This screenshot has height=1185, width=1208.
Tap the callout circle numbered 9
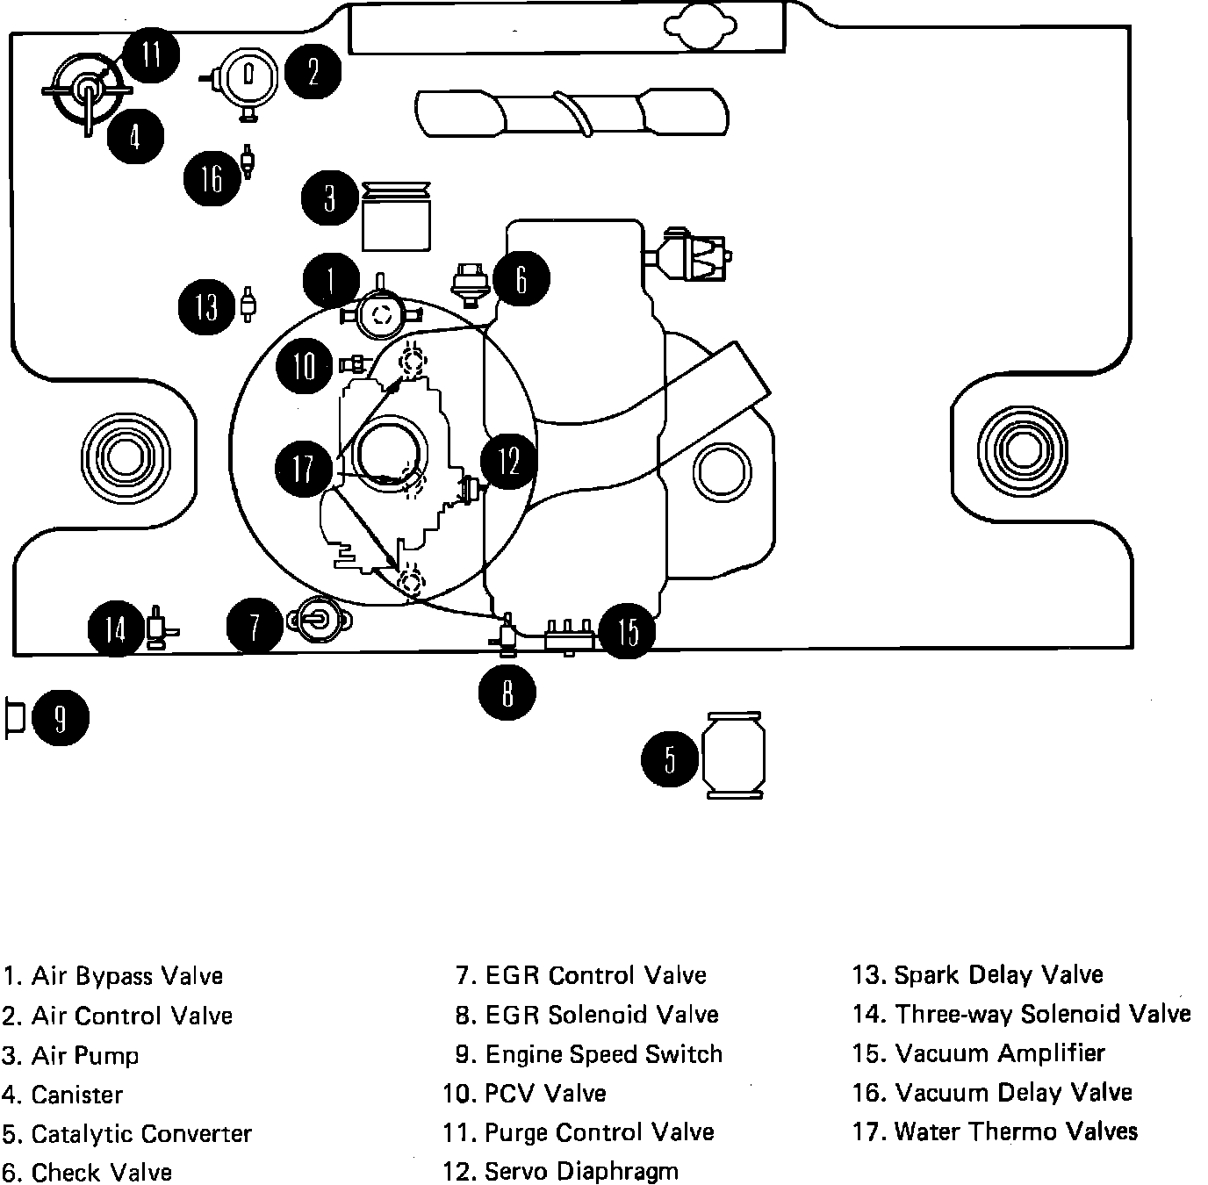(61, 719)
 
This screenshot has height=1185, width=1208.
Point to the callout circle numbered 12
(509, 461)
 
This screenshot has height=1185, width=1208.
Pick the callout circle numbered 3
(329, 198)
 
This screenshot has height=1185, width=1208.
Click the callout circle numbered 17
(303, 467)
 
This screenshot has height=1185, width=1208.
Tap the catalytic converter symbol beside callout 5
(734, 756)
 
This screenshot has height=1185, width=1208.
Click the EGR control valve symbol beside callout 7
(317, 621)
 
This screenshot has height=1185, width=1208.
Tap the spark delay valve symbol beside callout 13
(248, 304)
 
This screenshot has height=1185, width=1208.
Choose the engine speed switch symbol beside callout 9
(14, 719)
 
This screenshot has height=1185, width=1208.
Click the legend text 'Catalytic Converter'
(141, 1133)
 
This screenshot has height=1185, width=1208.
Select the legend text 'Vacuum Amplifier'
(999, 1053)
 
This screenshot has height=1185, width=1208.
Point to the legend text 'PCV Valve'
(545, 1093)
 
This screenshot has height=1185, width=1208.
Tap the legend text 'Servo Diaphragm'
(581, 1171)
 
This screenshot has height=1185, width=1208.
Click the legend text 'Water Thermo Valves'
(1015, 1131)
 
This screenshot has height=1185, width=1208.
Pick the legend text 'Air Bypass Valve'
(127, 976)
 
